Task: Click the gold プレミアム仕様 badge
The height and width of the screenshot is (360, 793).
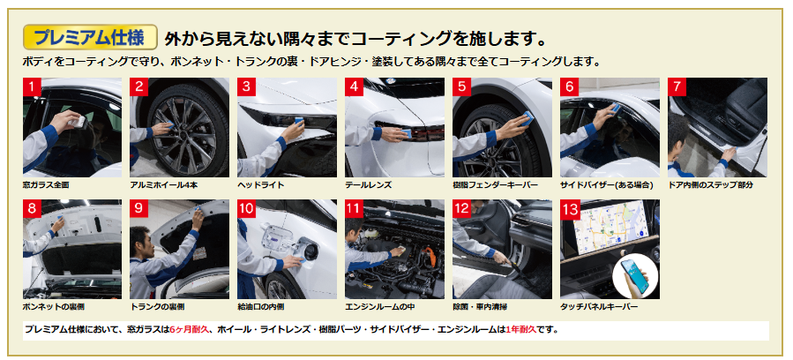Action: (90, 37)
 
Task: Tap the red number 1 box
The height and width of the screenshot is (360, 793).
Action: (32, 86)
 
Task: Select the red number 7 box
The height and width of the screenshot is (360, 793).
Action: (677, 86)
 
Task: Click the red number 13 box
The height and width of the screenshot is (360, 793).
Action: (571, 208)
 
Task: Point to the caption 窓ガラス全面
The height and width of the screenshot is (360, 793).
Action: (46, 185)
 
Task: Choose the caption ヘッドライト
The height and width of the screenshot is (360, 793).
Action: (261, 185)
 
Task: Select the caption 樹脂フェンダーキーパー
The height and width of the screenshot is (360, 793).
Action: (495, 185)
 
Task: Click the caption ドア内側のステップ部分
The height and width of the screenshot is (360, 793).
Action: (710, 185)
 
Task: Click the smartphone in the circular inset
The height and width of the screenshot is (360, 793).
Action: (635, 276)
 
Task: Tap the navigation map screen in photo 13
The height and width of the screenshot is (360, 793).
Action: (612, 227)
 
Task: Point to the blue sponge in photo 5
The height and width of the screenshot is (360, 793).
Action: (528, 117)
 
